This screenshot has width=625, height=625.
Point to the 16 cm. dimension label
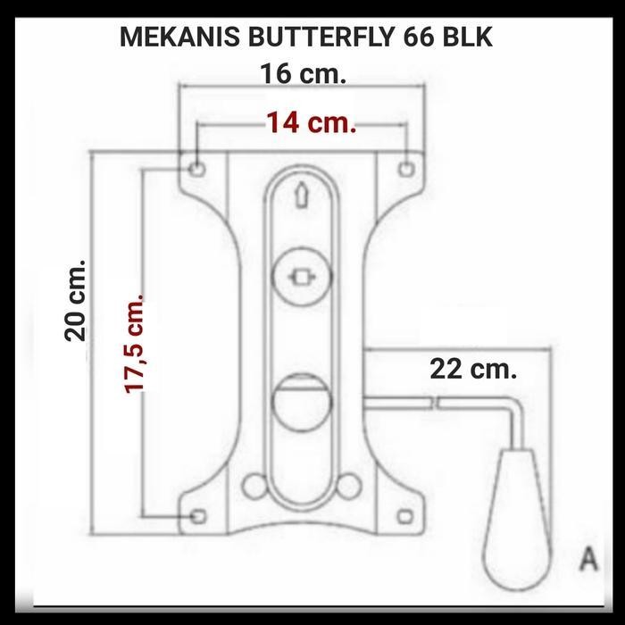303,73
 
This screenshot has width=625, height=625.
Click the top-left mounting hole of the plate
197,167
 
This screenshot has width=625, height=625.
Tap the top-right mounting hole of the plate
406,165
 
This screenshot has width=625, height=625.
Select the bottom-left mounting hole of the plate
199,515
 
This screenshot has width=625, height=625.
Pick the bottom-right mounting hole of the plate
407,515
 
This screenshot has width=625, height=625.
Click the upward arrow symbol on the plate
301,194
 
